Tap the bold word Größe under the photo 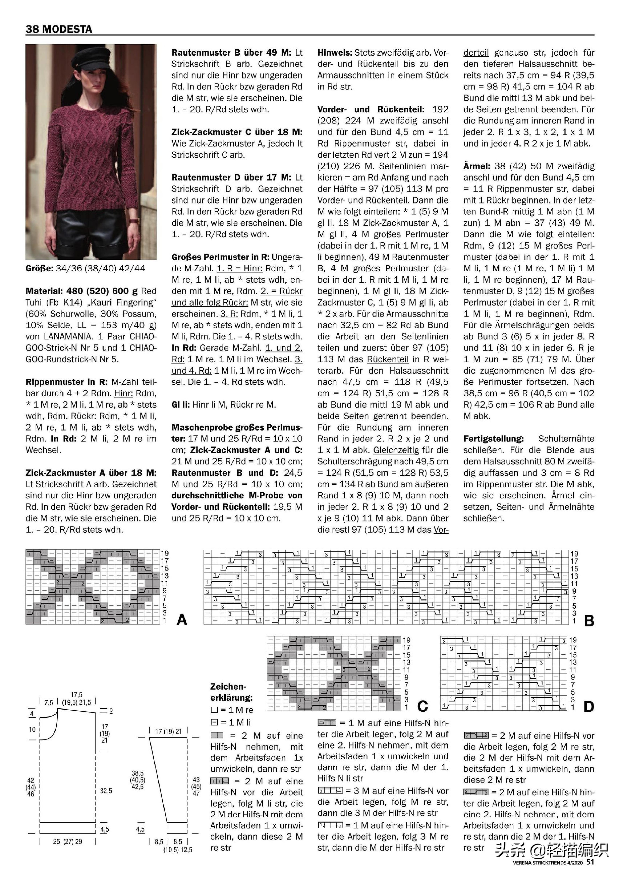[39, 268]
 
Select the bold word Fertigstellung [493, 438]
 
